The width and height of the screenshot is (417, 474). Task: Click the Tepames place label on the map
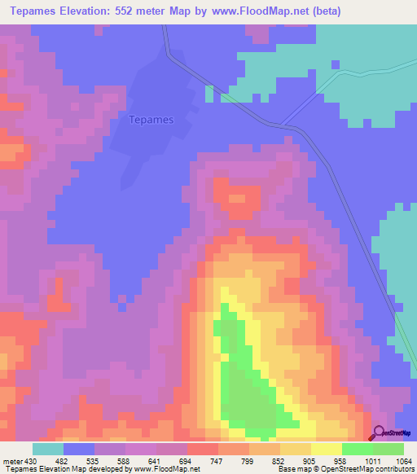coord(151,120)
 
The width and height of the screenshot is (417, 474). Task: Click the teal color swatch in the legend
coord(48,449)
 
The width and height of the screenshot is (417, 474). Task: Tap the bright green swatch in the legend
coord(358,449)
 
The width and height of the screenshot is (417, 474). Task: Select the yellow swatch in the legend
coord(327,449)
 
